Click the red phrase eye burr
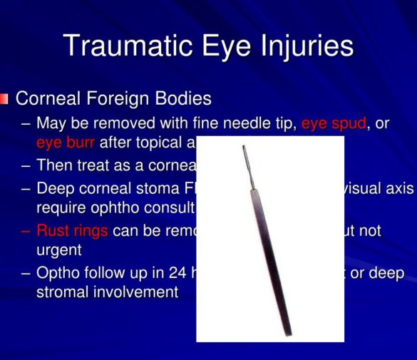[x=65, y=143]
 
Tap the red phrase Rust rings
[x=72, y=231]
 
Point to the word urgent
[x=61, y=250]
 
